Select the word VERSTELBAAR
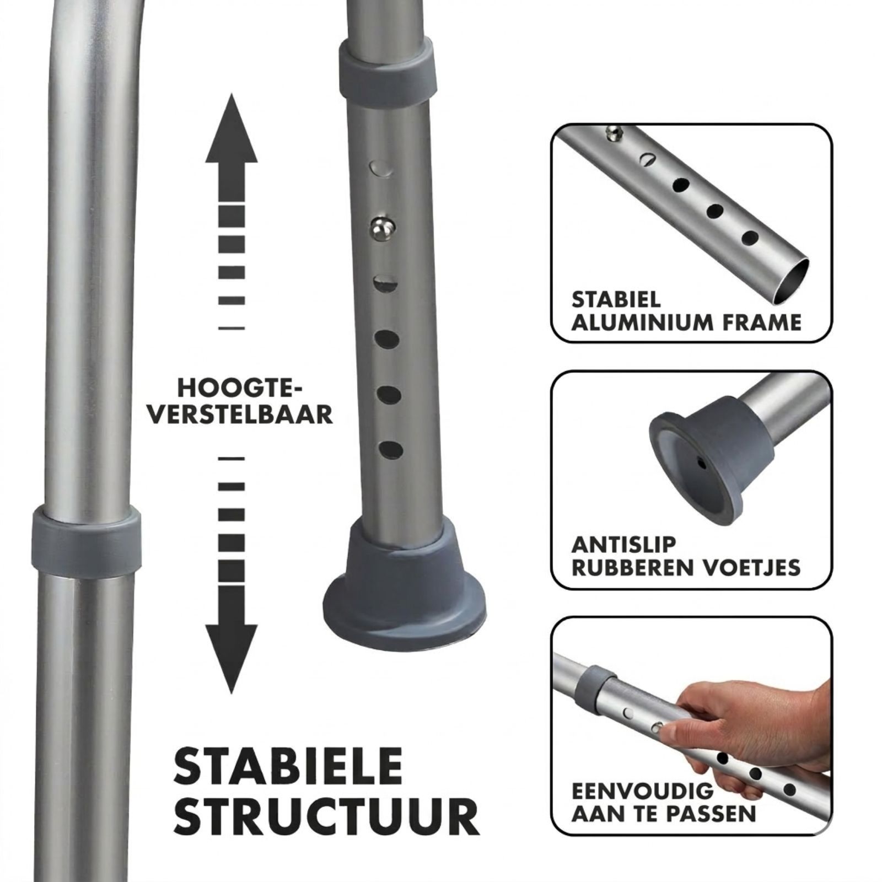(x=241, y=415)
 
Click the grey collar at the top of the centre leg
(x=386, y=72)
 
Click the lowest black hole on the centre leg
(x=391, y=450)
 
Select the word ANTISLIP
(x=623, y=545)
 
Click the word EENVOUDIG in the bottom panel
(x=643, y=792)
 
